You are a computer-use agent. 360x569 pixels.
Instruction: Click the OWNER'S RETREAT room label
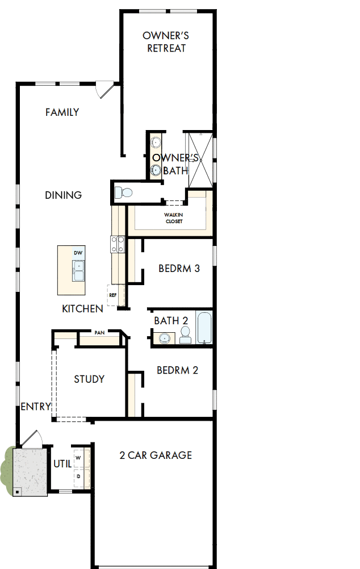[x=166, y=42]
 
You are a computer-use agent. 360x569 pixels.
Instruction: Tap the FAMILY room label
[x=62, y=112]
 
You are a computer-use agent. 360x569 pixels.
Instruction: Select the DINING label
[x=63, y=195]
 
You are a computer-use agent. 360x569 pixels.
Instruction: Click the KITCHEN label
[x=82, y=309]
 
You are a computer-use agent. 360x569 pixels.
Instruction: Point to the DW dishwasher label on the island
[x=78, y=253]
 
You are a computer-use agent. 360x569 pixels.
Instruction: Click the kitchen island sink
[x=78, y=270]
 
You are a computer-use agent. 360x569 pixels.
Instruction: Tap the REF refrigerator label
[x=112, y=295]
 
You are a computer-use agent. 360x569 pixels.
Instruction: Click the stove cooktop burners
[x=117, y=244]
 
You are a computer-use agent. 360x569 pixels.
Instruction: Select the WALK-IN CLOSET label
[x=174, y=217]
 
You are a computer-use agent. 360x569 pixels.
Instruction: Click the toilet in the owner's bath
[x=123, y=193]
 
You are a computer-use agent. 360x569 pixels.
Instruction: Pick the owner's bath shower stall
[x=199, y=159]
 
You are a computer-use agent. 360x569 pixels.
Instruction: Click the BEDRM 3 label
[x=179, y=269]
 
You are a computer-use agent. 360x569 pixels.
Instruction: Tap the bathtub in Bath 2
[x=204, y=328]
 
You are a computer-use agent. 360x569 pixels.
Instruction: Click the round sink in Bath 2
[x=164, y=339]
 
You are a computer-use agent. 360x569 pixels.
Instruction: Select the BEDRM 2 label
[x=177, y=371]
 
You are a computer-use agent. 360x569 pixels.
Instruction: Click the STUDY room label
[x=89, y=379]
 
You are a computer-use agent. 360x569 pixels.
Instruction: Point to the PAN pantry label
[x=99, y=332]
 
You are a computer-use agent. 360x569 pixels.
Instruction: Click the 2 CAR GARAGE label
[x=155, y=455]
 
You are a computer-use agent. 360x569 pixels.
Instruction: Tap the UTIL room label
[x=62, y=464]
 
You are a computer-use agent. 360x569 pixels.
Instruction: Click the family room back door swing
[x=104, y=90]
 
